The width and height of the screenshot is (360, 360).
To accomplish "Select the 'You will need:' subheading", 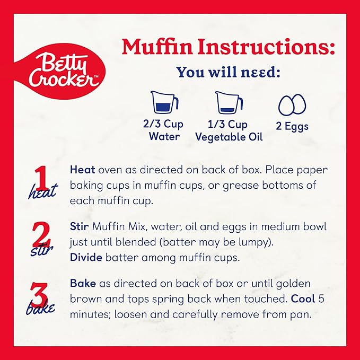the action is pyautogui.click(x=229, y=72).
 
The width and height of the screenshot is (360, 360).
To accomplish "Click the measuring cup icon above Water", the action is pyautogui.click(x=164, y=103).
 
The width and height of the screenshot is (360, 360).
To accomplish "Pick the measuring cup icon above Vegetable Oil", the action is pyautogui.click(x=229, y=103).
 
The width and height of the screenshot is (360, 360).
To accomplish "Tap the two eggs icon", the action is pyautogui.click(x=292, y=104).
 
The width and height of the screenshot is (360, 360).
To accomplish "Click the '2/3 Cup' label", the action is pyautogui.click(x=163, y=124).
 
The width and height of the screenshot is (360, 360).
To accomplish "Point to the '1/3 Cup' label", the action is pyautogui.click(x=227, y=124).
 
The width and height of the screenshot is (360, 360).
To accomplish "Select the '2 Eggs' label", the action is pyautogui.click(x=292, y=126).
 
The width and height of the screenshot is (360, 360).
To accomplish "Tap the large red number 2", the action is pyautogui.click(x=41, y=235).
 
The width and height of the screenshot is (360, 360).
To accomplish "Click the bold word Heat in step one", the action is pyautogui.click(x=82, y=170).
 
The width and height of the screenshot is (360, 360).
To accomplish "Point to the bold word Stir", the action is pyautogui.click(x=79, y=226).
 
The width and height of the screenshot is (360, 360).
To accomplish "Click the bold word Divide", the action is pyautogui.click(x=86, y=257).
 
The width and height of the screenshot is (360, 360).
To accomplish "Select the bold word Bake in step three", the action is pyautogui.click(x=83, y=283).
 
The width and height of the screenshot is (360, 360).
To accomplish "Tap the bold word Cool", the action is pyautogui.click(x=303, y=299).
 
